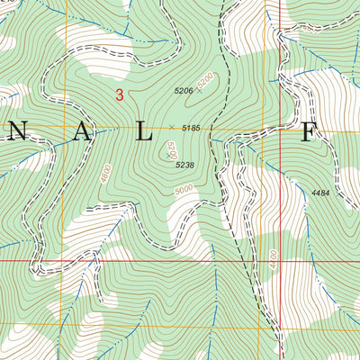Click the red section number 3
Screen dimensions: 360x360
(119, 94)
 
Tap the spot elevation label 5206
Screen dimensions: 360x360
(184, 91)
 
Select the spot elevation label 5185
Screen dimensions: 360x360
(190, 129)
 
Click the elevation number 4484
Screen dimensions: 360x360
(321, 193)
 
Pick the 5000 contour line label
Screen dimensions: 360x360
(184, 190)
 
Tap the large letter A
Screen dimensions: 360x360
(82, 133)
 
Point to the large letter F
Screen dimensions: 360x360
(309, 133)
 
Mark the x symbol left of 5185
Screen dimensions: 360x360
(171, 129)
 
